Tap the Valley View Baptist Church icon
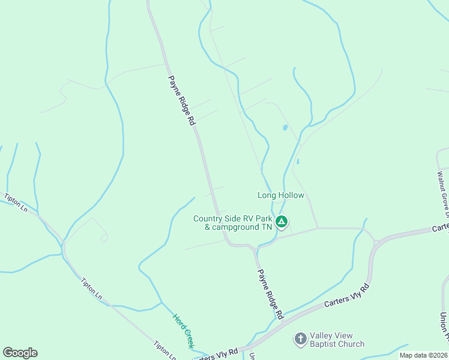[300, 339]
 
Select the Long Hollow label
[281, 195]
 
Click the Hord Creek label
[183, 331]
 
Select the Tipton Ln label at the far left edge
[16, 202]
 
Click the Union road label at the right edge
[444, 326]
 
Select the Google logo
[20, 353]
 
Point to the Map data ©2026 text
[423, 355]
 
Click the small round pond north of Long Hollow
[284, 128]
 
